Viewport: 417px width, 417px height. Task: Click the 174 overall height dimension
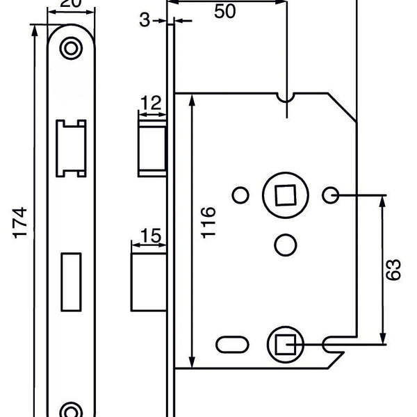tap(20, 222)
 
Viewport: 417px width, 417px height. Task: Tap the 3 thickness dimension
tap(144, 20)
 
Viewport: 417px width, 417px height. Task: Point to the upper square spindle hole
tap(284, 196)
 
